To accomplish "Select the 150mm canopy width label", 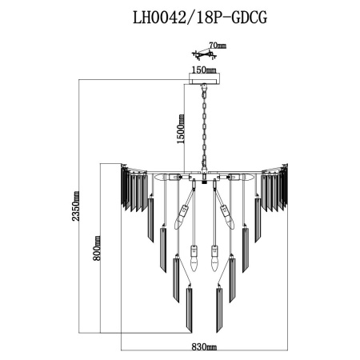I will click(204, 70).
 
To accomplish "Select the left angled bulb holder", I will click(184, 212).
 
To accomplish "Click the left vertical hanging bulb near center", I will click(196, 258).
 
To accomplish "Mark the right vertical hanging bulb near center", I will click(214, 258).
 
